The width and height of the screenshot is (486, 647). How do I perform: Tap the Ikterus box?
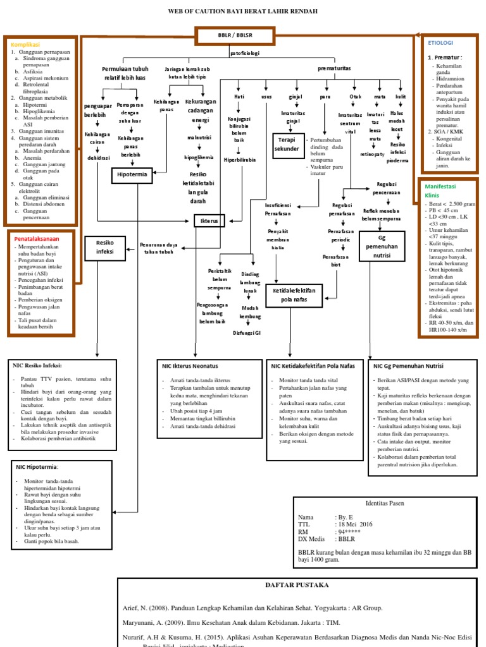[209, 221]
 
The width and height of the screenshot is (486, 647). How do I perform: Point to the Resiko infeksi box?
[105, 246]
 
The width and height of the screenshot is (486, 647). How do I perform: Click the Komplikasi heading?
[25, 45]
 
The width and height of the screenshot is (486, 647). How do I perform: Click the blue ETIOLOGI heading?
[441, 43]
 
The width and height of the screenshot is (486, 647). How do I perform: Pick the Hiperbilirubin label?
[239, 160]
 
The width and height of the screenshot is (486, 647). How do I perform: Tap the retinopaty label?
[373, 154]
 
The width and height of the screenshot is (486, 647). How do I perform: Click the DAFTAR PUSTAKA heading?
[297, 585]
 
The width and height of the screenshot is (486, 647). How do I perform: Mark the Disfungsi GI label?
[247, 332]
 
